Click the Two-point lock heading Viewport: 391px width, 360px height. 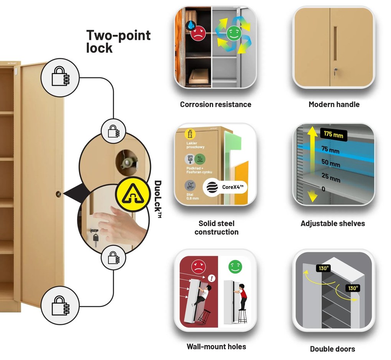118,41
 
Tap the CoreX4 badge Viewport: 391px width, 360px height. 224,188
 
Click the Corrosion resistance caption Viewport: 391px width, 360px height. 215,104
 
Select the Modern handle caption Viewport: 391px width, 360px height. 334,104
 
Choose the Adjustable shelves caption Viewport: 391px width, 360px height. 333,223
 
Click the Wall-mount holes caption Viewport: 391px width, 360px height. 216,347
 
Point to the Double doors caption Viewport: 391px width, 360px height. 332,349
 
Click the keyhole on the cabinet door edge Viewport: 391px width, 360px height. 59,194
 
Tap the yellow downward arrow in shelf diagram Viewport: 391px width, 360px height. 313,195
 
